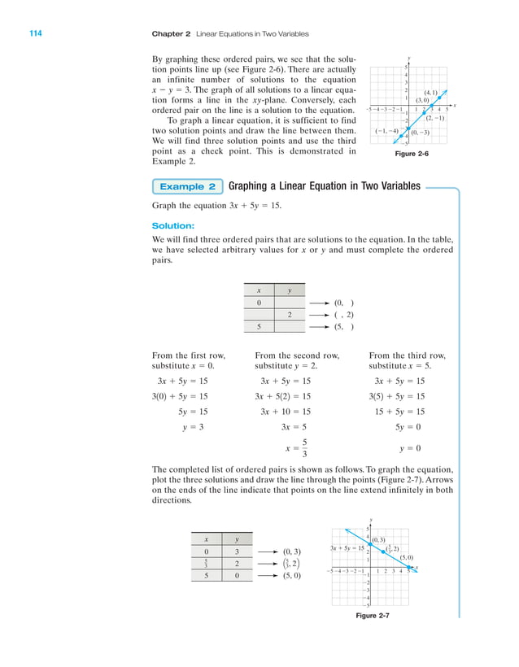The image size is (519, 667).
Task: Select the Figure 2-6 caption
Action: [x=411, y=153]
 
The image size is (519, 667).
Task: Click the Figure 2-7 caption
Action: [x=373, y=615]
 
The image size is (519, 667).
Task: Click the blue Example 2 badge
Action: [x=188, y=186]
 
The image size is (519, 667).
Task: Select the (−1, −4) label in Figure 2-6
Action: [x=386, y=131]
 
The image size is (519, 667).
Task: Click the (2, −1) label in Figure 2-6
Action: [x=434, y=119]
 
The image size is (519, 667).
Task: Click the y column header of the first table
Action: [x=289, y=290]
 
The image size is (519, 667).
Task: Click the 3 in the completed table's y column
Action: [x=237, y=551]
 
